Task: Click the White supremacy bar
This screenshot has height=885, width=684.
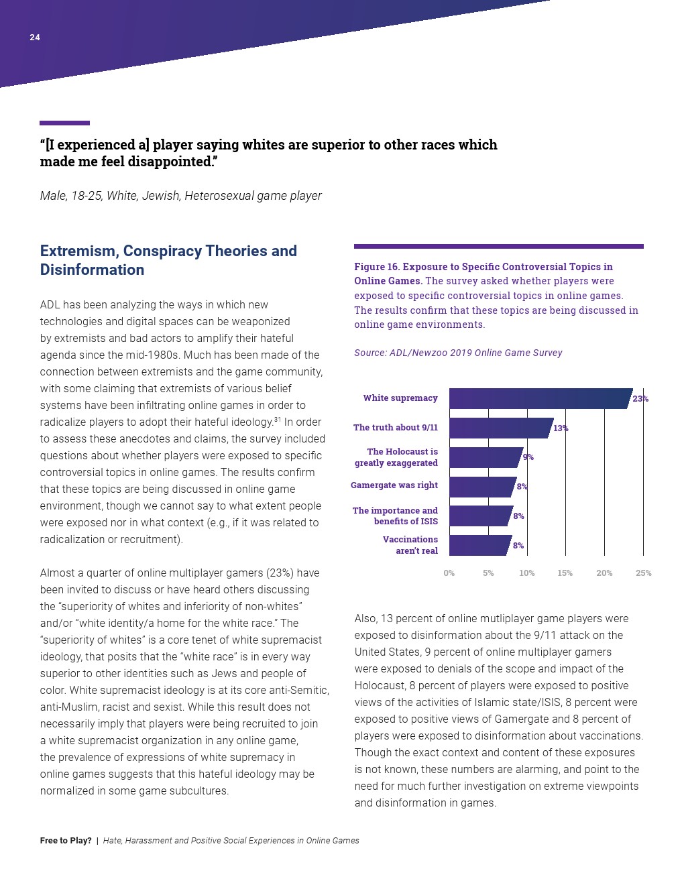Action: tap(540, 398)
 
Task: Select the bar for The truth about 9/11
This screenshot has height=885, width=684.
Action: tap(500, 428)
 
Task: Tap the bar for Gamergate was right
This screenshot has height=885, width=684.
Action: tap(482, 486)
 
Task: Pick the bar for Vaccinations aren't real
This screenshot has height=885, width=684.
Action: tap(479, 545)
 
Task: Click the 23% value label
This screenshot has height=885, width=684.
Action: tap(640, 399)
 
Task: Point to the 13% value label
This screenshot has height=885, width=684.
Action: tap(561, 428)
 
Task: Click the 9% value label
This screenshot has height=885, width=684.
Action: tap(528, 457)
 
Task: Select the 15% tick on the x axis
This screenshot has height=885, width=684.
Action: tap(565, 573)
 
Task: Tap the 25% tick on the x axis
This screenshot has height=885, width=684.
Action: tap(643, 573)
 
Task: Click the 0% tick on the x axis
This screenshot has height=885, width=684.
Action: tap(449, 573)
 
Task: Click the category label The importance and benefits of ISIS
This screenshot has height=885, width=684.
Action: tap(396, 516)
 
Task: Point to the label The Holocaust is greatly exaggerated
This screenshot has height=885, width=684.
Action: tap(396, 457)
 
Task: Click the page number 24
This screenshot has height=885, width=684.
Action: tap(35, 38)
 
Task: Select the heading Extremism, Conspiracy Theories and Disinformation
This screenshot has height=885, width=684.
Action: tap(168, 260)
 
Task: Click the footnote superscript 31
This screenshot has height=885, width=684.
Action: tap(277, 420)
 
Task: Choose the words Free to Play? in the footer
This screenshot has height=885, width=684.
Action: tap(66, 841)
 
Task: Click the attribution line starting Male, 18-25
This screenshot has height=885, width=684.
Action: tap(180, 196)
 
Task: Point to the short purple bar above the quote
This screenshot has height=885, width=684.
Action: tap(64, 123)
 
